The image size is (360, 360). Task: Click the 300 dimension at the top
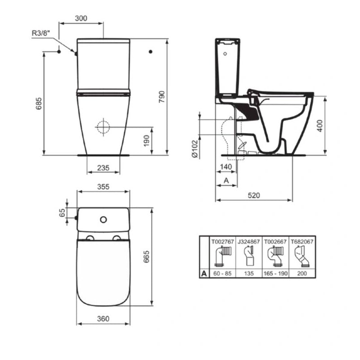81,18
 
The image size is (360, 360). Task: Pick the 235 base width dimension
103,168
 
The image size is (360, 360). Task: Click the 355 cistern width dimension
103,187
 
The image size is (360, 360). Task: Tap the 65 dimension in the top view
63,212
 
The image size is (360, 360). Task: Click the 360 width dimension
103,319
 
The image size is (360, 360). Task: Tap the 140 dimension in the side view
226,167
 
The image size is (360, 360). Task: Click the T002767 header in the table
223,242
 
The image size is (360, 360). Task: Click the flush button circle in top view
103,220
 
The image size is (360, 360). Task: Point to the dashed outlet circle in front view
103,127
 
